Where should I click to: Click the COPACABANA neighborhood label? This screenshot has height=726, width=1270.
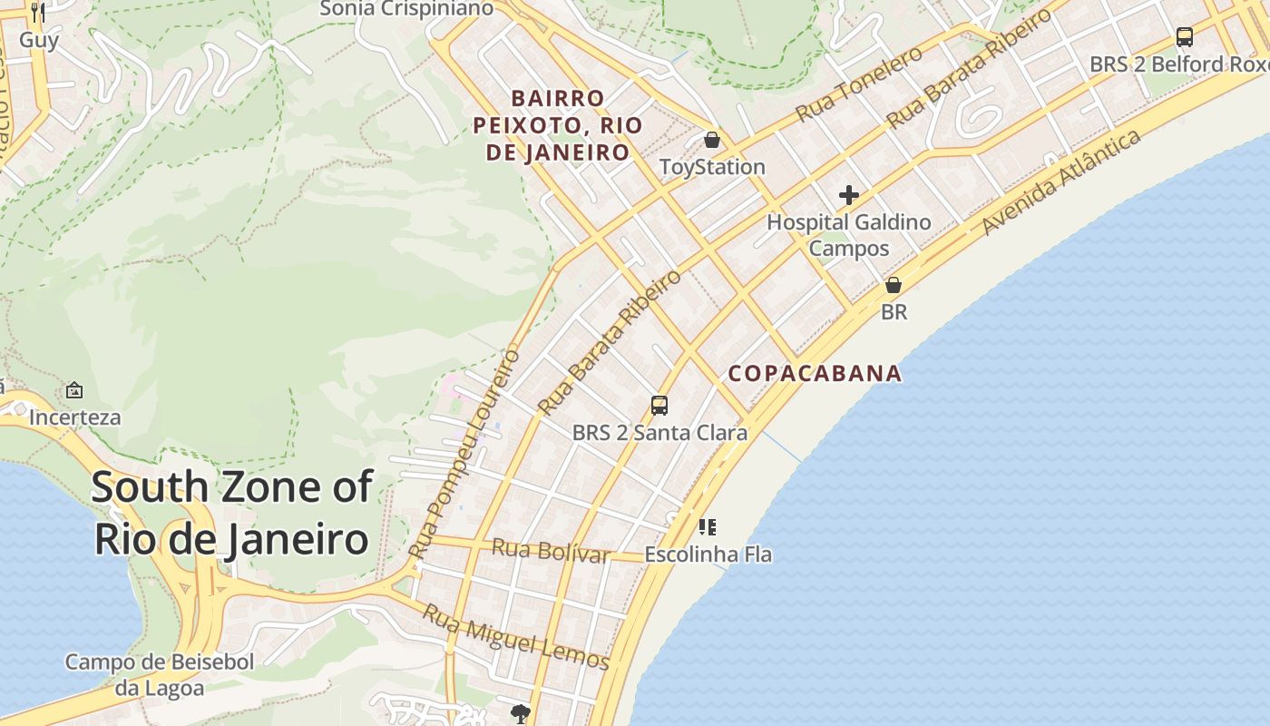tap(815, 373)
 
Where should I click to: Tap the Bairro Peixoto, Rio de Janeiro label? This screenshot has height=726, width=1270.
tap(558, 125)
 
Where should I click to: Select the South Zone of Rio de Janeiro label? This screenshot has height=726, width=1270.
tap(231, 513)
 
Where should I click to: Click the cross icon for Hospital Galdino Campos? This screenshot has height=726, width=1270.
tap(849, 195)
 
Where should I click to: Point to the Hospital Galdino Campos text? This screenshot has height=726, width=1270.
tap(849, 235)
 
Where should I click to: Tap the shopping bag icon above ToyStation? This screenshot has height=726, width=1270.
tap(712, 140)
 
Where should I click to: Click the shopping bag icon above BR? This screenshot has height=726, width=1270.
tap(894, 285)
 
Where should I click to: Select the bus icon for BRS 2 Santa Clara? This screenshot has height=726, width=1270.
tap(659, 405)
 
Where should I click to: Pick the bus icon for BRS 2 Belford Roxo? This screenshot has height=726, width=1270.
tap(1184, 37)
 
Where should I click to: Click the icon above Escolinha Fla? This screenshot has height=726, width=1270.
tap(708, 526)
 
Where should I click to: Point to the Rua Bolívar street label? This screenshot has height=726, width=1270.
tap(550, 550)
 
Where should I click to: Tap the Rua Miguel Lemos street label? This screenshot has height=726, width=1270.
tap(515, 638)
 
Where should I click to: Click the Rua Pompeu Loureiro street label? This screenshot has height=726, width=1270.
tap(464, 453)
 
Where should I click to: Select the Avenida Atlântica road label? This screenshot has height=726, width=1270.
tap(1061, 181)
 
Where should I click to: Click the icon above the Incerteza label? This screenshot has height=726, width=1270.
tap(74, 391)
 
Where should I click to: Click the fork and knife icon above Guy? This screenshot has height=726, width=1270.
tap(37, 12)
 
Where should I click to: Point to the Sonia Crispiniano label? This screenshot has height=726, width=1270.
tap(407, 9)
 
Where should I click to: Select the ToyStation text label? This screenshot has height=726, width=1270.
tap(712, 167)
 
